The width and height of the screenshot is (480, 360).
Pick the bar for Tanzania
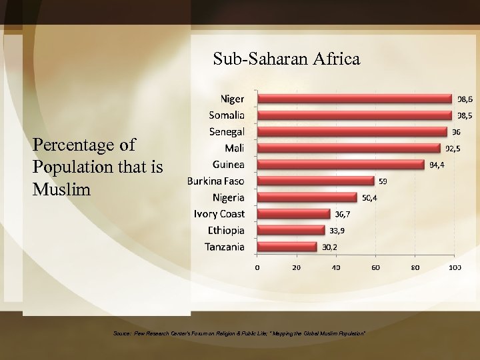coord(287,247)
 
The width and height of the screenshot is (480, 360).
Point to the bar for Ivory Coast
coord(294,214)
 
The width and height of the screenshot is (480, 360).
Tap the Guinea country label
coord(227,164)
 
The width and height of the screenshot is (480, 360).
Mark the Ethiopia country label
coord(224,231)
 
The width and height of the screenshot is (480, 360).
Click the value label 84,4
coord(438,165)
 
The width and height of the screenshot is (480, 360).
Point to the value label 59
coord(384,181)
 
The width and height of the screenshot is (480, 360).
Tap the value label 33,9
coord(337,231)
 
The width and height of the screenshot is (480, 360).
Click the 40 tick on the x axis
coord(336,268)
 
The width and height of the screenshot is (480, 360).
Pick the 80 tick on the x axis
coord(415,268)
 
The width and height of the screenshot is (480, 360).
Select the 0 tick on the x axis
coord(258,268)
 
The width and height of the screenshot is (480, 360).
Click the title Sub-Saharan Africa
coord(287,59)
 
